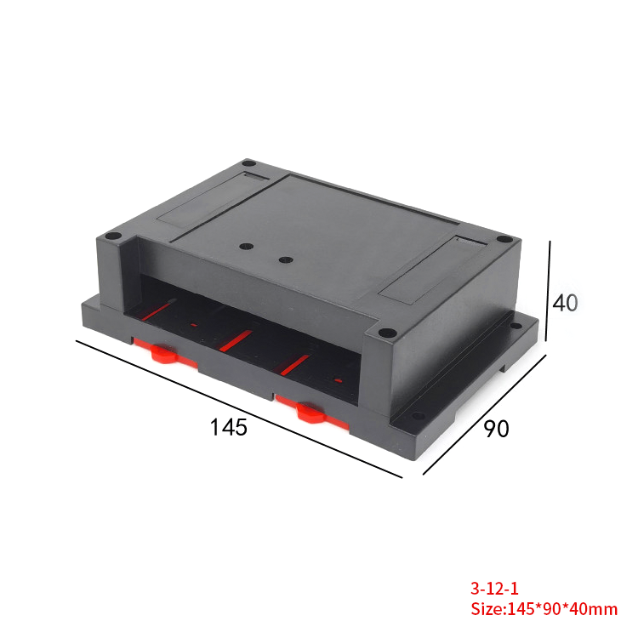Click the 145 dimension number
click(229, 427)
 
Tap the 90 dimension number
click(496, 429)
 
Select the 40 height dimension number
click(566, 303)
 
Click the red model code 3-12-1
click(494, 588)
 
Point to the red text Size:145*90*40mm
click(544, 609)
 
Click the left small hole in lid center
click(247, 247)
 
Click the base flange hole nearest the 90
click(418, 417)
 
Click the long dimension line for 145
click(238, 409)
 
